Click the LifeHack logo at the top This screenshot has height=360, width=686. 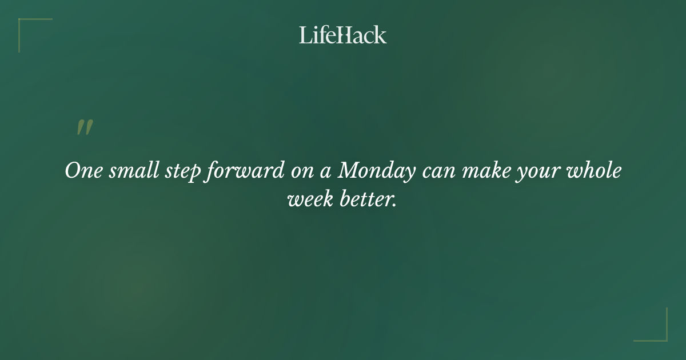click(x=343, y=35)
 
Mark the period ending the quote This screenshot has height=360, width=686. click(x=394, y=205)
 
